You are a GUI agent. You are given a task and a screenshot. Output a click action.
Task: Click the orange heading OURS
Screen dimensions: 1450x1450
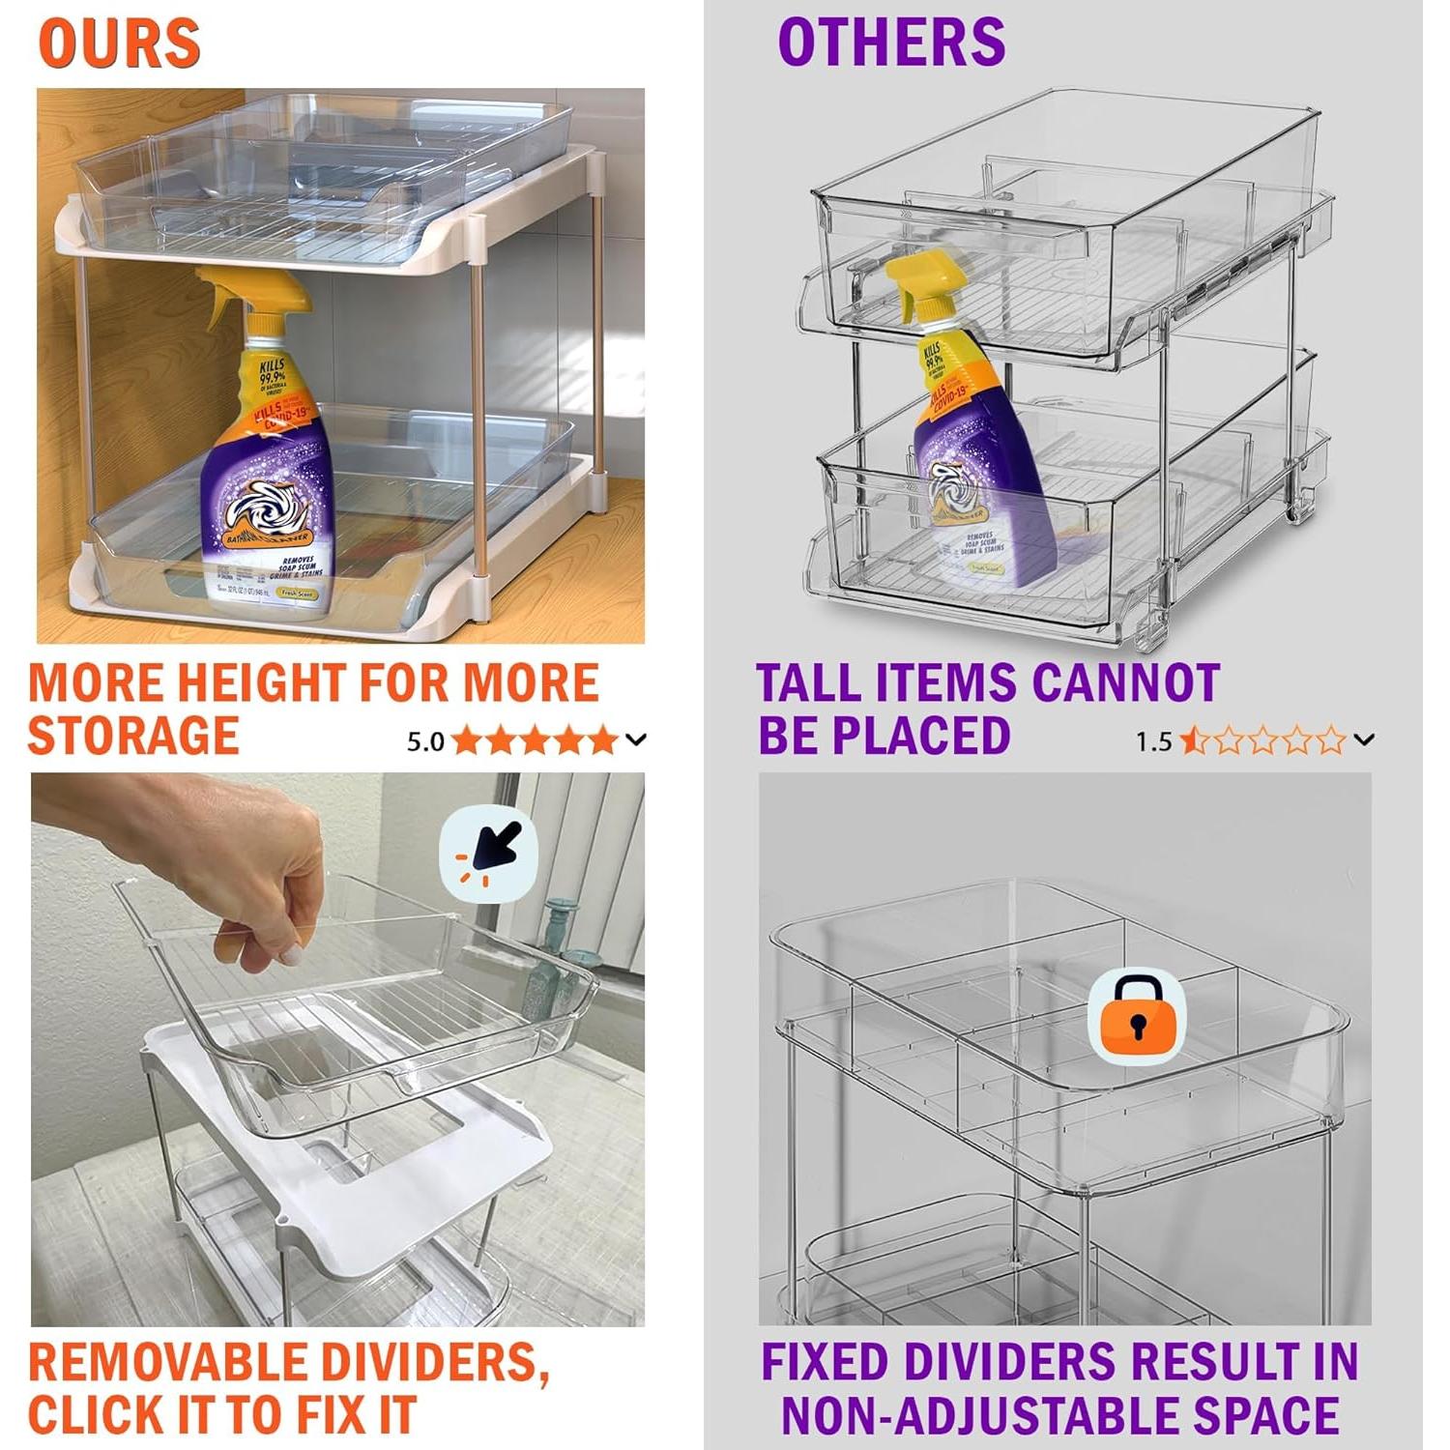click(119, 43)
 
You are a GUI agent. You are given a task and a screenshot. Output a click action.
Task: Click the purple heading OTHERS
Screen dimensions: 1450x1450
click(891, 43)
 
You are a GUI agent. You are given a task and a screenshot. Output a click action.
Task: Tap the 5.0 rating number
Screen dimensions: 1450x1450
click(424, 742)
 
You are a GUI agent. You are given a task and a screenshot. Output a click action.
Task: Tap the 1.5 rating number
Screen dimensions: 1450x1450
click(1152, 742)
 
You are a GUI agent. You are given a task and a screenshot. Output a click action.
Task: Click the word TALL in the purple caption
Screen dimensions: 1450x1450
click(809, 683)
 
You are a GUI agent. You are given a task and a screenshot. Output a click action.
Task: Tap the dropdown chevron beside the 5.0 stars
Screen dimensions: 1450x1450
click(636, 740)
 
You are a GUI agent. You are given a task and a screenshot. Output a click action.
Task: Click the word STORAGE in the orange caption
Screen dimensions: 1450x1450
click(133, 736)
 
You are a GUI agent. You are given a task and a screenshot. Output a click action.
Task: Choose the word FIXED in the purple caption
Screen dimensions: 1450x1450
click(825, 1363)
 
